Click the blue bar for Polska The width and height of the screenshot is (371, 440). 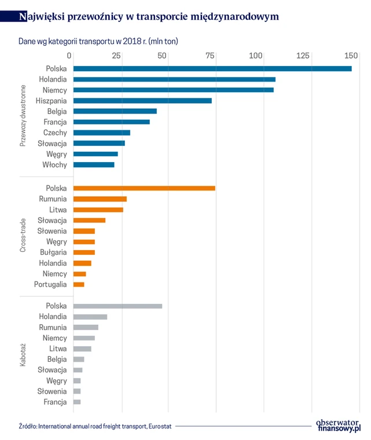(x=212, y=68)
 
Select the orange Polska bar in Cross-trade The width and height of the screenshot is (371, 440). (x=144, y=188)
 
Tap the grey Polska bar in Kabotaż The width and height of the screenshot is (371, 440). (x=117, y=306)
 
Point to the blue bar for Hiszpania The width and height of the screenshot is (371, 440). (x=142, y=100)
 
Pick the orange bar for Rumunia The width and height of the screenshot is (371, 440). (x=100, y=199)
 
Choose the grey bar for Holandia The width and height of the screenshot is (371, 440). (x=90, y=317)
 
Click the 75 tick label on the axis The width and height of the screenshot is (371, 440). (x=210, y=56)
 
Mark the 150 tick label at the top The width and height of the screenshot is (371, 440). (x=350, y=56)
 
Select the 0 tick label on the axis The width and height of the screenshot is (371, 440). (x=70, y=56)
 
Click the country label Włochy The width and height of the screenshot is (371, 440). (x=54, y=165)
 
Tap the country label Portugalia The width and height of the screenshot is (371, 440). (x=50, y=284)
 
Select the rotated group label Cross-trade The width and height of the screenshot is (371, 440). (x=24, y=234)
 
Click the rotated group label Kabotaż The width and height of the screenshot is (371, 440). (x=24, y=353)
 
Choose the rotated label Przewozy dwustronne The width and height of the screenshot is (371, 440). (x=24, y=115)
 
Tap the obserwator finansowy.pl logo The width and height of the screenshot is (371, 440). (x=339, y=424)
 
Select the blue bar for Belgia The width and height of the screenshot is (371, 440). (x=115, y=111)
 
